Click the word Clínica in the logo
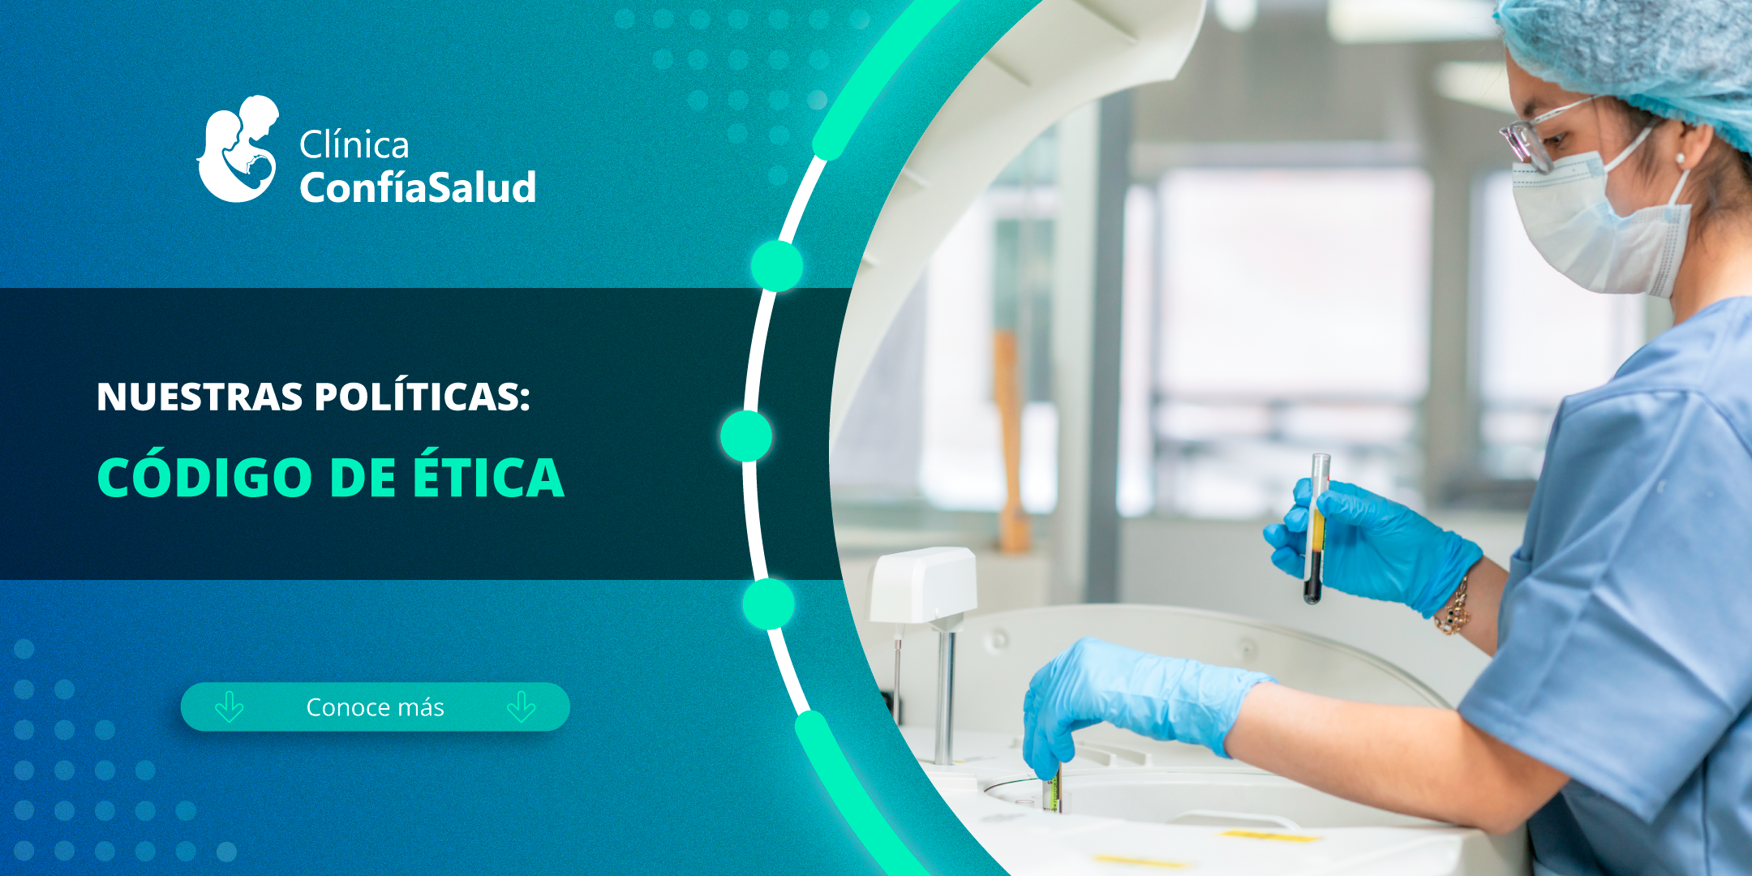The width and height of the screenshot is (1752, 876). click(x=354, y=145)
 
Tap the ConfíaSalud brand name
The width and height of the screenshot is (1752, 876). click(x=418, y=187)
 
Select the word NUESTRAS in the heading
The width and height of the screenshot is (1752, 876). click(x=200, y=397)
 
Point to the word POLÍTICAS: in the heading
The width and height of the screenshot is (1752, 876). click(x=422, y=397)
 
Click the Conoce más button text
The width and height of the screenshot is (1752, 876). click(x=375, y=707)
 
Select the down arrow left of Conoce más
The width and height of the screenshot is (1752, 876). click(x=230, y=707)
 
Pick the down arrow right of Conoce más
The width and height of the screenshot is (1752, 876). click(x=521, y=707)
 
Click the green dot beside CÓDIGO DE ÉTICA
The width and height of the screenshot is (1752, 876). click(x=745, y=436)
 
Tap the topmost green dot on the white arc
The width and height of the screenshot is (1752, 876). click(x=776, y=265)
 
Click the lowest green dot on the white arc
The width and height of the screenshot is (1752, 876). click(x=768, y=604)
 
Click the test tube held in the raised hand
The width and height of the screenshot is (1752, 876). click(x=1316, y=527)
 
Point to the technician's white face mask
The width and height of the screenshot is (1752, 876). click(x=1590, y=227)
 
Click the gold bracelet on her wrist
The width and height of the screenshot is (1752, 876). click(x=1454, y=608)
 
